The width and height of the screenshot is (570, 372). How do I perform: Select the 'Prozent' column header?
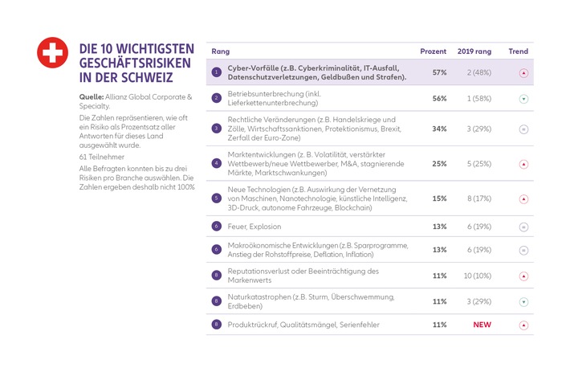coord(434,51)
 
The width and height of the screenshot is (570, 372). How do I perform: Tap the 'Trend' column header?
coord(519,51)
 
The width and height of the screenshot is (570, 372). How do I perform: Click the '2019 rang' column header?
coord(474,51)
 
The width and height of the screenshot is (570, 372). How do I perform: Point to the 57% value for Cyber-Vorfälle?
coord(439,72)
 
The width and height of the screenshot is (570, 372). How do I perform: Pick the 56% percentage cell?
coord(439,98)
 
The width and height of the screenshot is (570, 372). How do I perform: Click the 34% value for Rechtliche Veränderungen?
coord(439,129)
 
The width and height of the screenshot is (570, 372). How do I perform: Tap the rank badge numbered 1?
coord(216,72)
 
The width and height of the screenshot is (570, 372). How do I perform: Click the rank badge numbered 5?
coord(216,198)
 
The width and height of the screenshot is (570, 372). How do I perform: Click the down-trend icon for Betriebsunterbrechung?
coord(523,99)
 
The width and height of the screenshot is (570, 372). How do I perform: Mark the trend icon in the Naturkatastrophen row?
coord(523,302)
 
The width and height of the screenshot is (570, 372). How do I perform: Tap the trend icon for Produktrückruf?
coord(523,325)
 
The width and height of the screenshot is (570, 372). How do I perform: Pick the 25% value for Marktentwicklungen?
coord(439,164)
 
